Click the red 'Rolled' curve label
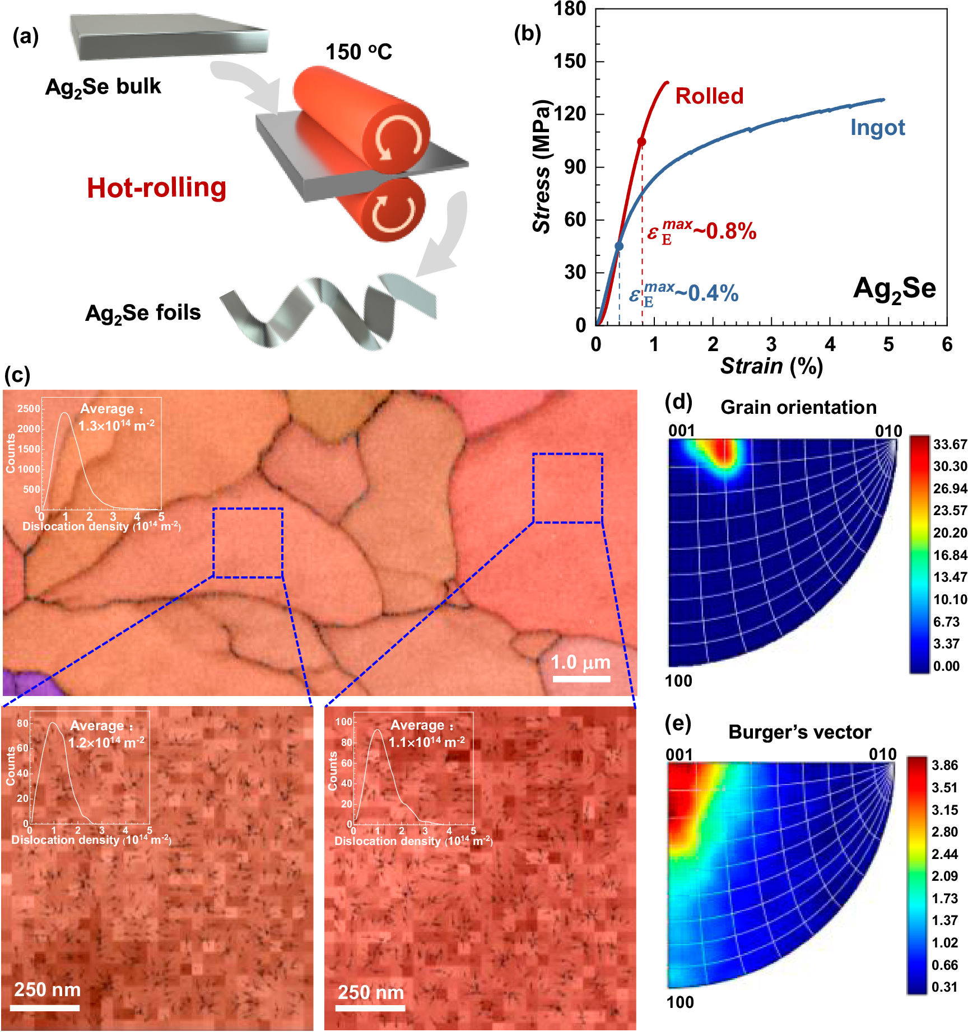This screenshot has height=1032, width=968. [x=709, y=96]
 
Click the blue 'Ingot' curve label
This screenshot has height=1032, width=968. [x=877, y=128]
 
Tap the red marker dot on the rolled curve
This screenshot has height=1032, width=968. [x=641, y=142]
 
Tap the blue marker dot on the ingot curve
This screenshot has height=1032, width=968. [x=619, y=246]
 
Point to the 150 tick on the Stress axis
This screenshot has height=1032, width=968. [x=570, y=62]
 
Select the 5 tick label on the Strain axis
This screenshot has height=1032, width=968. [x=888, y=344]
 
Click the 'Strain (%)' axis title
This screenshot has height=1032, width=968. [x=771, y=366]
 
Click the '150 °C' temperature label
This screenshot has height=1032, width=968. [x=359, y=52]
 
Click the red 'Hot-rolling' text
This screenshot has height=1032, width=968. [x=157, y=188]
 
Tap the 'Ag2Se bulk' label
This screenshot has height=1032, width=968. [x=103, y=87]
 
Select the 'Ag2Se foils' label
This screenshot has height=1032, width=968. [x=143, y=313]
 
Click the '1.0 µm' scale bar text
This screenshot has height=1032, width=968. [x=580, y=662]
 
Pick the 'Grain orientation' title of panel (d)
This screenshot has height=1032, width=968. [x=798, y=407]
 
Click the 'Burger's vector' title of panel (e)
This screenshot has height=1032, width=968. [x=799, y=732]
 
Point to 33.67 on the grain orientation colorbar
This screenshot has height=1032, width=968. [x=950, y=445]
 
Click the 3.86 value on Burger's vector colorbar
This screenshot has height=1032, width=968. [x=944, y=765]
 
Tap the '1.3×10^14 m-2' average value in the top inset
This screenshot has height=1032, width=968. [x=116, y=426]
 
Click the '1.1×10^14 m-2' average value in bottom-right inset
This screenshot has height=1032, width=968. [x=426, y=742]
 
